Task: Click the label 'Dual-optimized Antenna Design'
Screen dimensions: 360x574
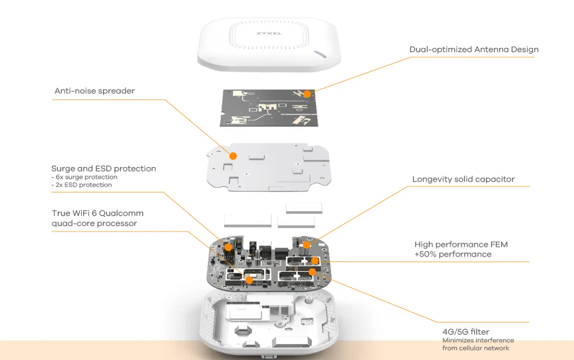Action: (474, 49)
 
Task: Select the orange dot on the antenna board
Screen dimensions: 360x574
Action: (307, 94)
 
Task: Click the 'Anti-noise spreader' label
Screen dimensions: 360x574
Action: (95, 90)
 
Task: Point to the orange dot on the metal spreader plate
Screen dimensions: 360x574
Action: (233, 156)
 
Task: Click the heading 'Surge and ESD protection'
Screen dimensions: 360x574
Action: (104, 169)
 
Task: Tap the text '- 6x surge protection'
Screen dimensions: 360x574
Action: (84, 177)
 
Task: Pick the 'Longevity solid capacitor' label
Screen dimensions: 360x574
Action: (463, 180)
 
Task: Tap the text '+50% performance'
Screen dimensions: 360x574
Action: (453, 254)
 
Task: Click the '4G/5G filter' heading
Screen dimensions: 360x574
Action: (465, 332)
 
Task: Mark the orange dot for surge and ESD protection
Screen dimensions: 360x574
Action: (229, 247)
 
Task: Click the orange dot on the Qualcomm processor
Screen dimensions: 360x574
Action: (249, 280)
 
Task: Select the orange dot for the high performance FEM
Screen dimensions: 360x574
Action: (315, 260)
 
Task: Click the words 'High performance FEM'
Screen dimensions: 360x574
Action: (461, 245)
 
